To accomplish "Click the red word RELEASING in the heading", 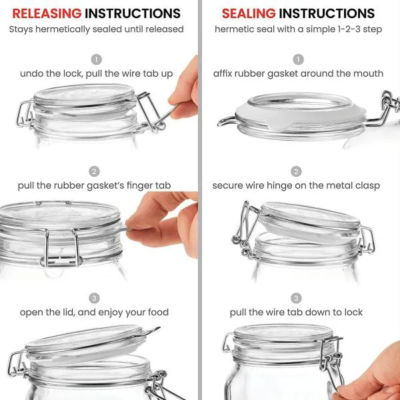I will click(x=47, y=13).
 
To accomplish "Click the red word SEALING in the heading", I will click(x=248, y=13).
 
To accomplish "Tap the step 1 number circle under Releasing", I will click(x=97, y=59).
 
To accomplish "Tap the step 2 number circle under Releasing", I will click(x=94, y=171).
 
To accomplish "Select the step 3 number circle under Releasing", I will click(x=94, y=297).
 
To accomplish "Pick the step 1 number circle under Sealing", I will click(x=298, y=59).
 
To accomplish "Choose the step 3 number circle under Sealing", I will click(x=296, y=298).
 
